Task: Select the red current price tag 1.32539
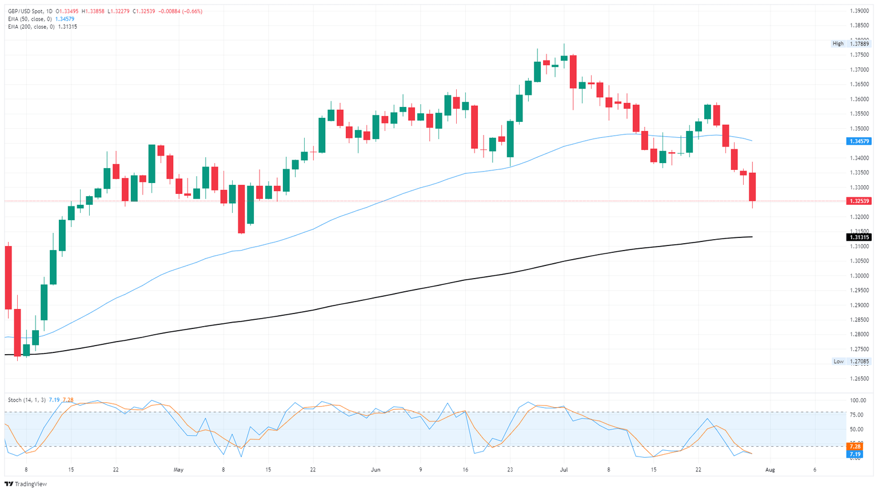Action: pyautogui.click(x=859, y=201)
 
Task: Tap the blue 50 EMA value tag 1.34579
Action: pyautogui.click(x=859, y=141)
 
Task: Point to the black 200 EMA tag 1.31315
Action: pyautogui.click(x=859, y=237)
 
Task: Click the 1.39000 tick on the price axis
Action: pyautogui.click(x=859, y=11)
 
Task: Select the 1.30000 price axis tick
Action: pyautogui.click(x=859, y=276)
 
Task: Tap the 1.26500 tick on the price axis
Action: pyautogui.click(x=859, y=379)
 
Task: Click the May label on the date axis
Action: pyautogui.click(x=179, y=470)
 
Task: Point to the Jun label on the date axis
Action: pyautogui.click(x=376, y=470)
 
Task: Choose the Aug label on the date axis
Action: pyautogui.click(x=770, y=470)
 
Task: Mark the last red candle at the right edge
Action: pyautogui.click(x=752, y=187)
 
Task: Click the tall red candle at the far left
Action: pyautogui.click(x=8, y=277)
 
